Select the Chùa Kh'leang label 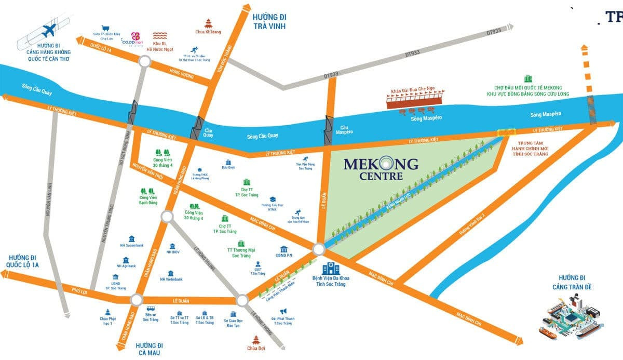coord(208,32)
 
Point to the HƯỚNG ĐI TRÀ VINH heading coord(270,21)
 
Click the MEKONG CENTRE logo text coord(381,169)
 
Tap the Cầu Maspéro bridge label coord(345,129)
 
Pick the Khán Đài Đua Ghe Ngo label coord(416,90)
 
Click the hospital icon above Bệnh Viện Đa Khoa coord(329,269)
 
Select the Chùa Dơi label coord(258,349)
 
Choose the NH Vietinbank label coord(171,279)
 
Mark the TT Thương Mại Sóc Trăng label coord(241,252)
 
